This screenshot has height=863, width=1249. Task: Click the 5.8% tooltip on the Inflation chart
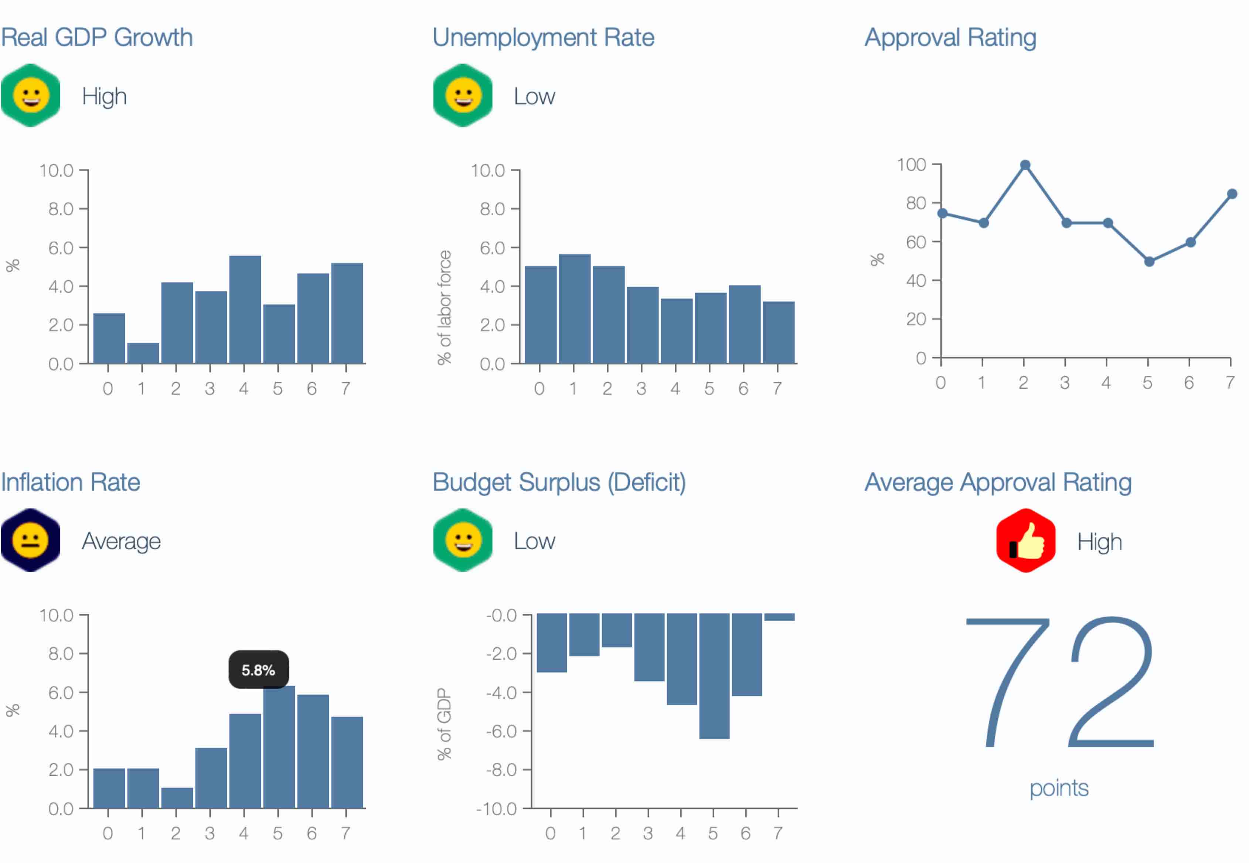pyautogui.click(x=258, y=669)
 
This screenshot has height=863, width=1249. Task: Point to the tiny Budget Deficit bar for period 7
pyautogui.click(x=779, y=617)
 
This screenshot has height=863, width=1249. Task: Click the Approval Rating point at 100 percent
pyautogui.click(x=1025, y=165)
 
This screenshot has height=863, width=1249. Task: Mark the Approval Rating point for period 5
pyautogui.click(x=1149, y=262)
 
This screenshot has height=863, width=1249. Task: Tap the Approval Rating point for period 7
pyautogui.click(x=1232, y=194)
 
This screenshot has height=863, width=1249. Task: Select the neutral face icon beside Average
pyautogui.click(x=30, y=540)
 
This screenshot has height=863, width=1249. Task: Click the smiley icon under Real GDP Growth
pyautogui.click(x=30, y=96)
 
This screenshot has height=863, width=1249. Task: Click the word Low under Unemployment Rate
pyautogui.click(x=534, y=97)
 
